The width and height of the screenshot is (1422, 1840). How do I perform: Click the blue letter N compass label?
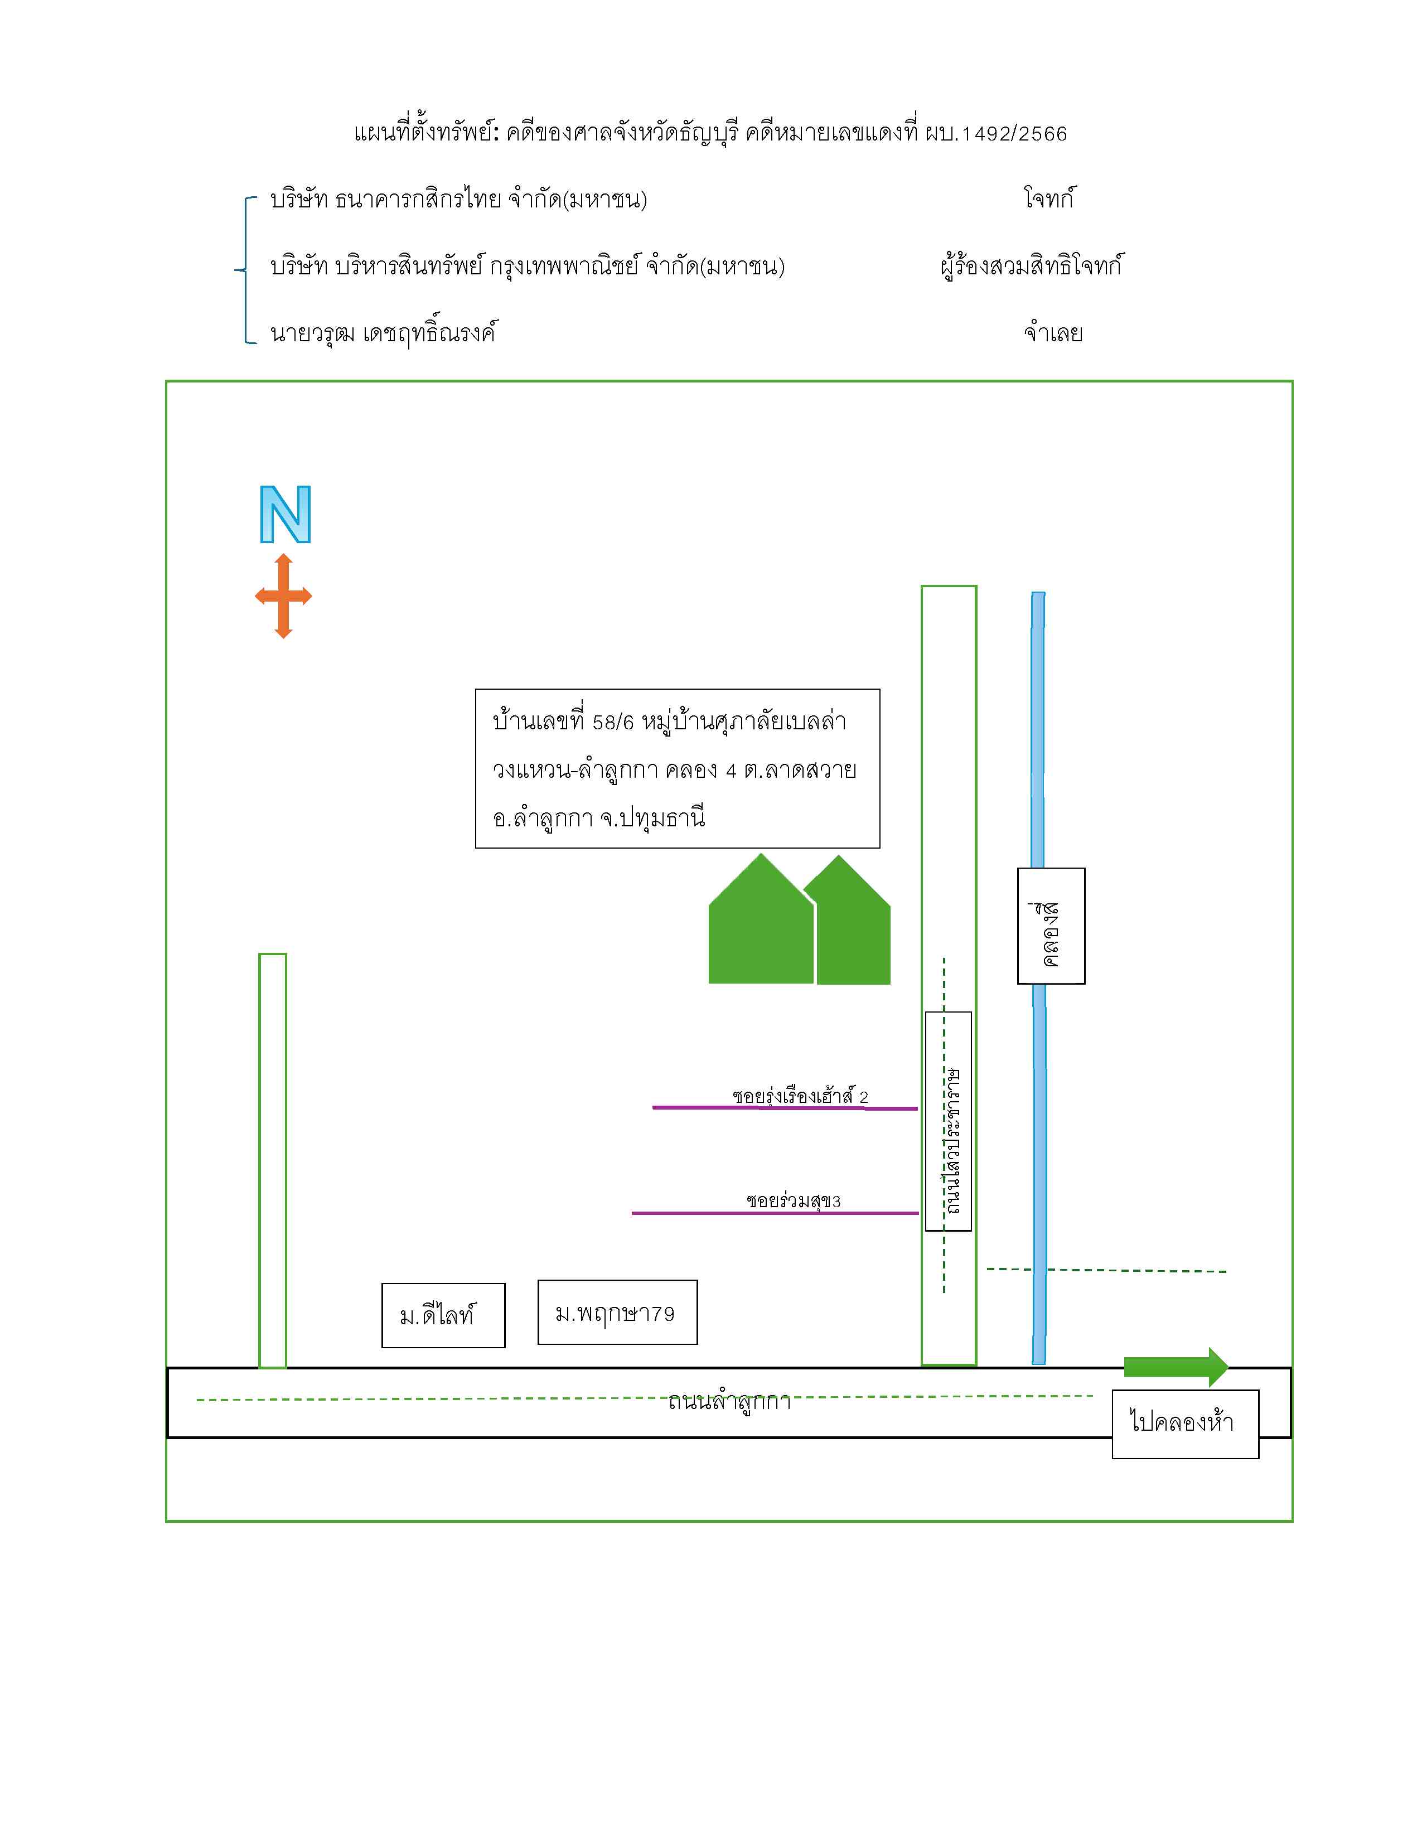(x=286, y=514)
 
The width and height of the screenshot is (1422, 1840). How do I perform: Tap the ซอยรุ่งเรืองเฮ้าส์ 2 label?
(x=800, y=1096)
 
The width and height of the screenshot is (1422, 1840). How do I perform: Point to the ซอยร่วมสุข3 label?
(x=794, y=1200)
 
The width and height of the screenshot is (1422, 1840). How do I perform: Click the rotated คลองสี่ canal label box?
(x=1051, y=926)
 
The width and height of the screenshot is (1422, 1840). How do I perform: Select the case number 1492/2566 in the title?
(x=1014, y=134)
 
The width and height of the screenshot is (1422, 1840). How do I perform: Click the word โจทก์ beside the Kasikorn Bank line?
(x=1049, y=199)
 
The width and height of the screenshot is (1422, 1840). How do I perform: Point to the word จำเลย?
(x=1053, y=333)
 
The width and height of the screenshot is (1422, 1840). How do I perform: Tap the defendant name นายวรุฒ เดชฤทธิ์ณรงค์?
(x=383, y=332)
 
